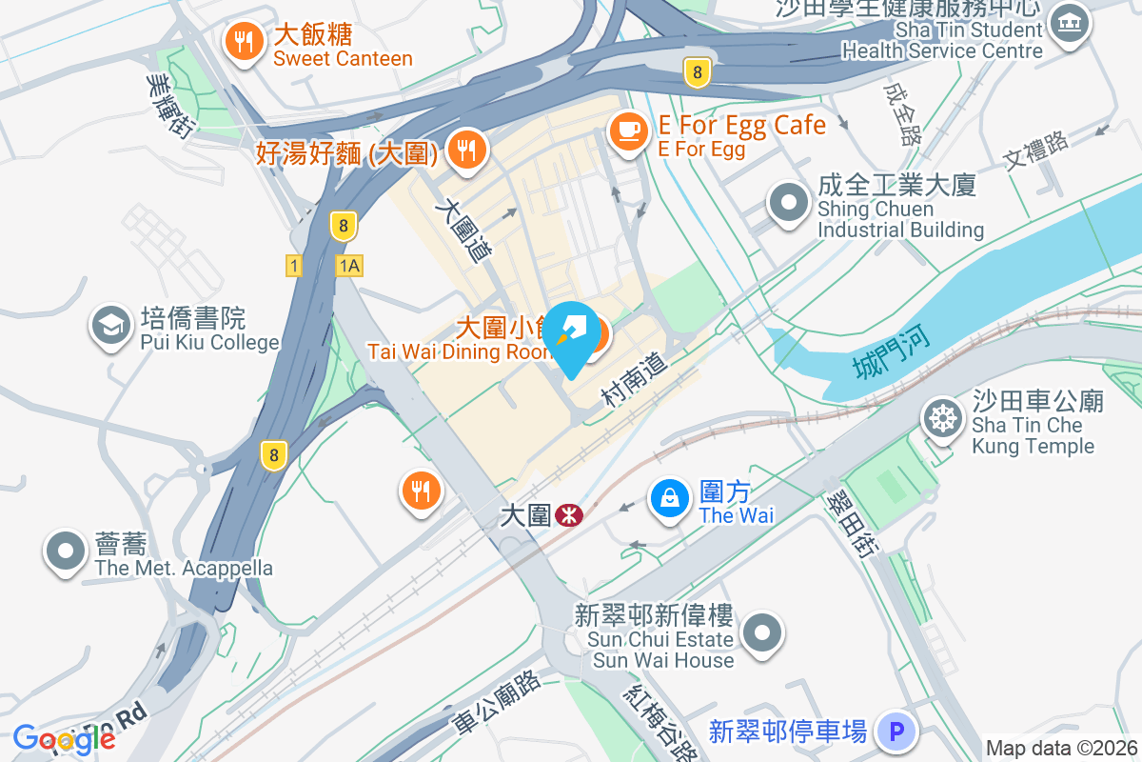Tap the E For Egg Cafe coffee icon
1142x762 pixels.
click(627, 130)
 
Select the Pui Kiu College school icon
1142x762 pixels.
click(111, 327)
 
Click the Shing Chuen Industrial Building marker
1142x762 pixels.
click(789, 204)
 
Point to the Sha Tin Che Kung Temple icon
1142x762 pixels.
click(942, 419)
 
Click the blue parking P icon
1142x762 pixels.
click(895, 732)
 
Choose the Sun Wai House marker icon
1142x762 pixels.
click(762, 633)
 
